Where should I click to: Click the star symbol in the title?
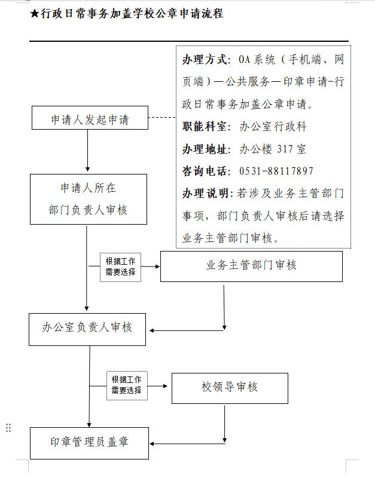click(x=34, y=14)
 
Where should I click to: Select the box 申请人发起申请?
click(x=90, y=118)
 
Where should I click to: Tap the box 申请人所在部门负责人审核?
click(x=89, y=199)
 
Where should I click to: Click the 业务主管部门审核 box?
click(x=251, y=266)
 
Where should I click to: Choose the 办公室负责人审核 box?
click(x=87, y=328)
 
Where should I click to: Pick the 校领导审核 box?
click(x=230, y=388)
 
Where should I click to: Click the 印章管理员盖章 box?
click(x=89, y=443)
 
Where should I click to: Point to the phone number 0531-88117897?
click(x=276, y=171)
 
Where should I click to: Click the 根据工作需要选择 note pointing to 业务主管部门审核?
click(x=120, y=266)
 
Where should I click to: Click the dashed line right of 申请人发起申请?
click(x=161, y=118)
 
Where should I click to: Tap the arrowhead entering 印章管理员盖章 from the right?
click(x=153, y=444)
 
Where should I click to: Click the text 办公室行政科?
click(x=273, y=127)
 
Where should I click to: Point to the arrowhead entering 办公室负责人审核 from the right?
click(x=152, y=330)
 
